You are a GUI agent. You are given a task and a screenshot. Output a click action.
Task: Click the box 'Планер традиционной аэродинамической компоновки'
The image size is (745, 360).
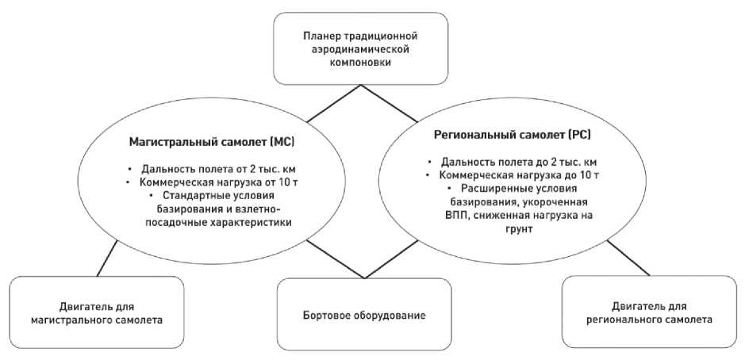click(359, 48)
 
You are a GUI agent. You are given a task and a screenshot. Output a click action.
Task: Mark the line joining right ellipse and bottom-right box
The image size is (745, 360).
click(627, 257)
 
